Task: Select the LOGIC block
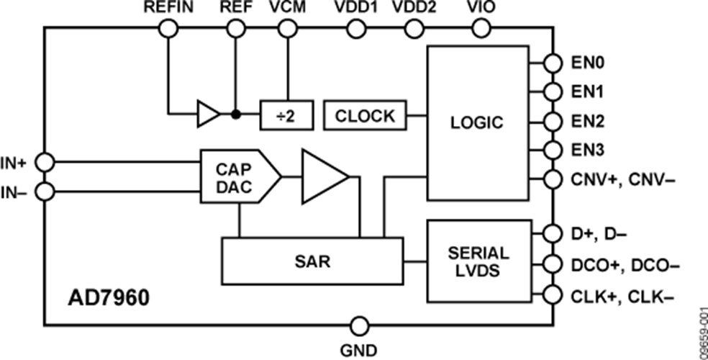(x=476, y=122)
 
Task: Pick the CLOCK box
(x=365, y=115)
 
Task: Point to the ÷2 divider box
(x=286, y=115)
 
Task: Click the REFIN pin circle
(x=168, y=29)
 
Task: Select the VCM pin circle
(x=286, y=29)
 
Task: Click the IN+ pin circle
(x=45, y=163)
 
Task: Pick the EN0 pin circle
(x=552, y=63)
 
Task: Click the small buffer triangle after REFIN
(x=208, y=114)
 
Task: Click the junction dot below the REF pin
(x=235, y=114)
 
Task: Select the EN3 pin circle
(x=552, y=150)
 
